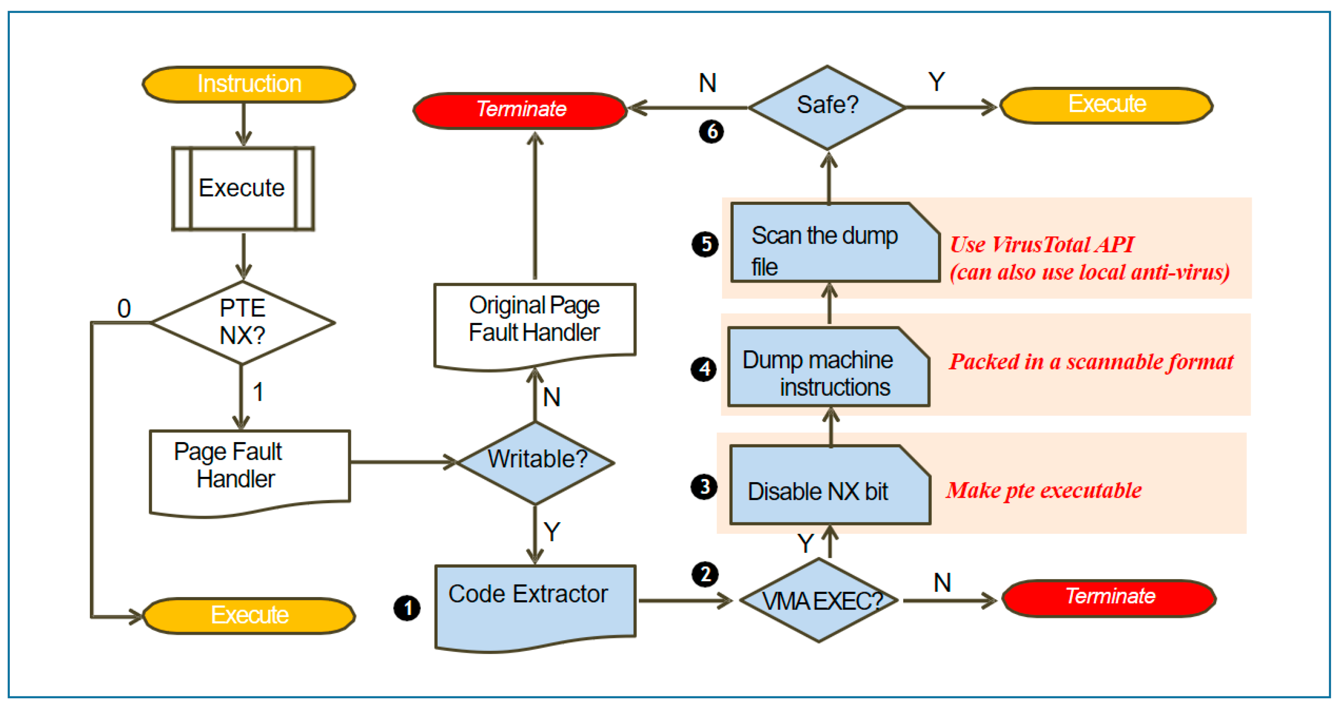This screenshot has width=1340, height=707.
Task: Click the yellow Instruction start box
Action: pos(249,84)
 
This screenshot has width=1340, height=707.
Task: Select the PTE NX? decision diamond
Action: pos(243,322)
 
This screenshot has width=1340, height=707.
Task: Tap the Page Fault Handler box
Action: pos(250,468)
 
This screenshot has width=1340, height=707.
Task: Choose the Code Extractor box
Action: pos(535,603)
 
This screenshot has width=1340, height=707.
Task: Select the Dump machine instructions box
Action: pos(828,367)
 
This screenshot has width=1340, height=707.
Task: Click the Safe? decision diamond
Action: pos(827,107)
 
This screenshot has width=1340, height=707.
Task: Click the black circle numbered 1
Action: pos(407,608)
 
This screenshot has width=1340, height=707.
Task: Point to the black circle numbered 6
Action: pos(711,131)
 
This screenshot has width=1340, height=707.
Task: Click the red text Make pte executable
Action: pos(1044,491)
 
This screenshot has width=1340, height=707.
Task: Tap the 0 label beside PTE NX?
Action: pos(124,309)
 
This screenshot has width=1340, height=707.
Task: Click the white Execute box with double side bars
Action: pos(243,188)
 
